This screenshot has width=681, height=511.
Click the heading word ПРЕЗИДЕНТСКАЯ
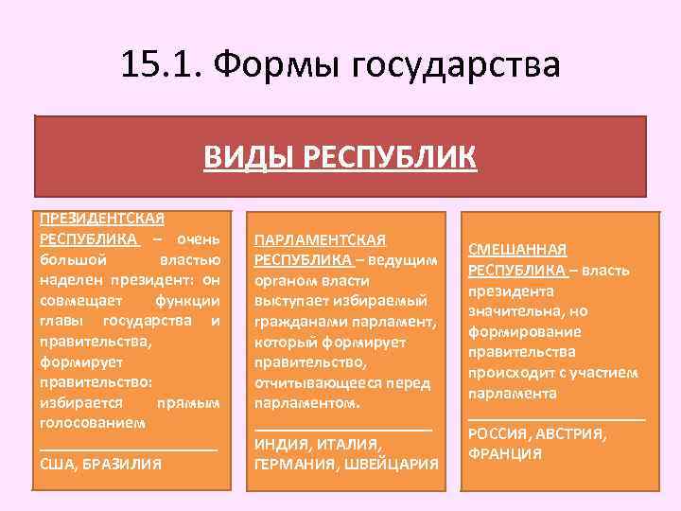[x=102, y=219]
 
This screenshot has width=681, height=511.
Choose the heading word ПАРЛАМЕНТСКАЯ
[x=321, y=240]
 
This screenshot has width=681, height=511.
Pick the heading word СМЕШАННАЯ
[x=517, y=250]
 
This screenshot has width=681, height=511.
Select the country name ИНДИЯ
[x=286, y=444]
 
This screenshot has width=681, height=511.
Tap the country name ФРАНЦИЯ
[x=505, y=453]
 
